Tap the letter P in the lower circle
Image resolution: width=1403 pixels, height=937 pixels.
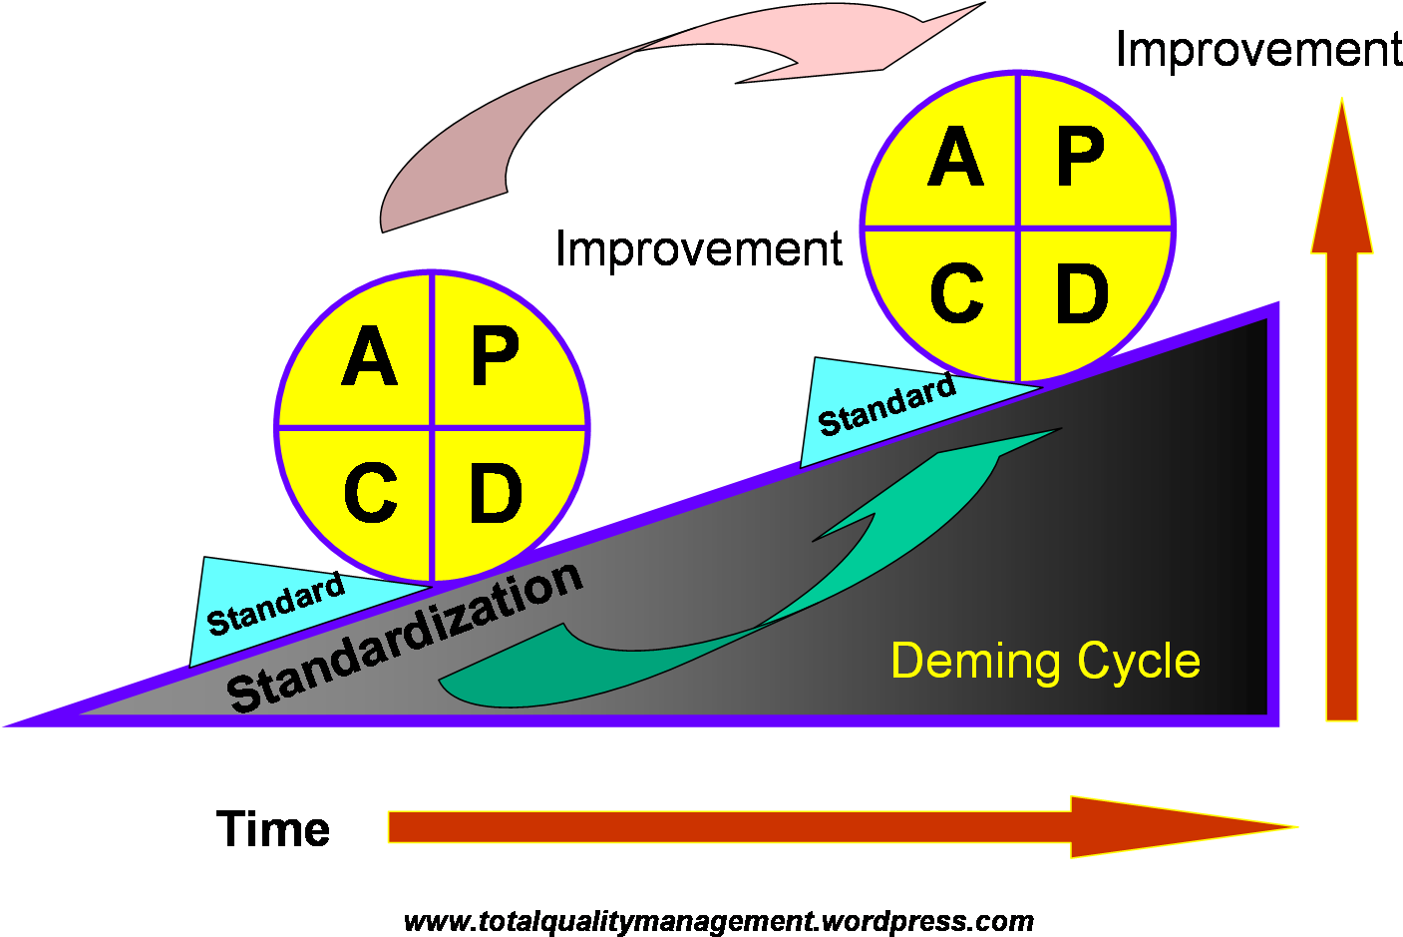(x=496, y=357)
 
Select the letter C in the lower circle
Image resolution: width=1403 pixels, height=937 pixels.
(x=370, y=493)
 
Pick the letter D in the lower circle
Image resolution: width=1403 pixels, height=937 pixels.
(x=496, y=493)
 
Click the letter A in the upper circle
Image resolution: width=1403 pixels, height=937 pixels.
(x=955, y=159)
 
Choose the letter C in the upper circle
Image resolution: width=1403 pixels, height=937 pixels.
(x=956, y=293)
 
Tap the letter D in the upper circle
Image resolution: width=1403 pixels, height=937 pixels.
(x=1082, y=293)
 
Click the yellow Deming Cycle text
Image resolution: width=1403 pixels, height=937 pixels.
(x=1045, y=662)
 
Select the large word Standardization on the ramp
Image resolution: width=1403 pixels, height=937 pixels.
(x=404, y=636)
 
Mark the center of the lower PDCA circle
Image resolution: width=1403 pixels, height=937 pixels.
(x=433, y=427)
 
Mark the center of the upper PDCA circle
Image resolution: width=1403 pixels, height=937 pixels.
(x=1018, y=228)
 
